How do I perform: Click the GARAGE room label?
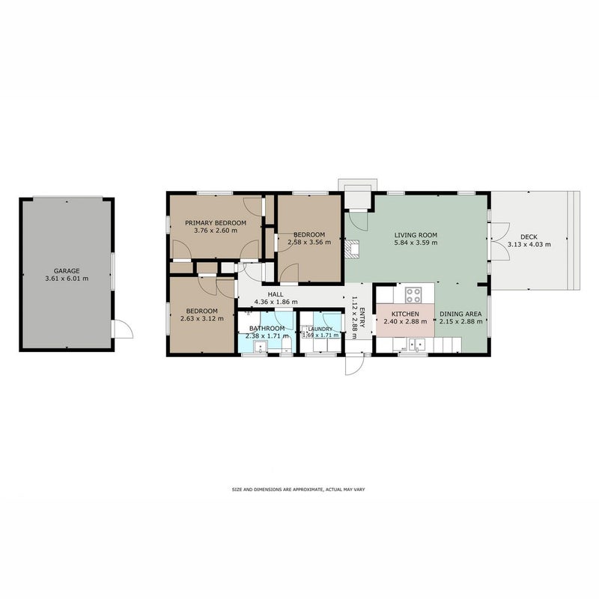point(67,271)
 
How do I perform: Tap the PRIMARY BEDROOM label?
point(216,222)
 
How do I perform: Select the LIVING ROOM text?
point(416,235)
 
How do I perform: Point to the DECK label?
point(529,237)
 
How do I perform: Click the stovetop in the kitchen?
point(413,294)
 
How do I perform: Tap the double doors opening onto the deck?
point(500,241)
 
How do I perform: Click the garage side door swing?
point(123,329)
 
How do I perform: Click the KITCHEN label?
point(405,314)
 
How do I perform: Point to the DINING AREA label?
point(460,314)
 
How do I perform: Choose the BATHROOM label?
point(267,329)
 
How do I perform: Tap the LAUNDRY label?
point(320,329)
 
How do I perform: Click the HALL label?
point(276,294)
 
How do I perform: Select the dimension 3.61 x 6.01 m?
point(67,279)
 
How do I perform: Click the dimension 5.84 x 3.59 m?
point(416,243)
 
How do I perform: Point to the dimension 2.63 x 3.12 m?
point(201,319)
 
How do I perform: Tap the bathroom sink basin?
point(261,347)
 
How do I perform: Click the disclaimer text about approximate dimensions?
point(298,490)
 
